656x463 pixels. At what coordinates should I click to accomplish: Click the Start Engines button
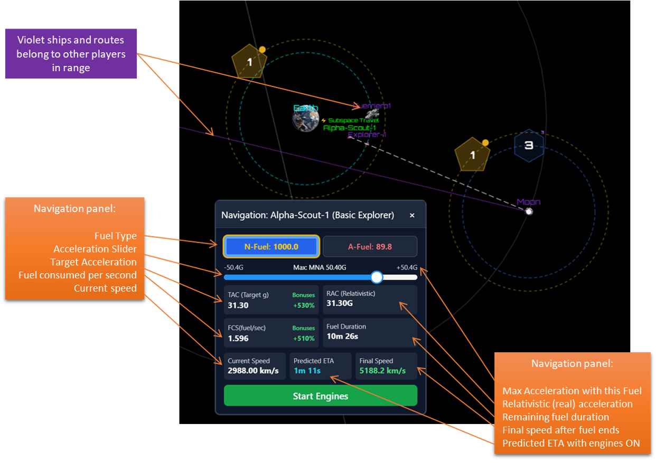coord(320,396)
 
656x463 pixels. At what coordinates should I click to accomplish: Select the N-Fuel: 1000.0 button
coord(271,246)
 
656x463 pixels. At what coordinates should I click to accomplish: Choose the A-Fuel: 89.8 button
coord(370,246)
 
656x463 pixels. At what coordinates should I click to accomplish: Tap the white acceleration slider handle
coord(377,277)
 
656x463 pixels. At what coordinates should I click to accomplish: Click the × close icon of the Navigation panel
coord(412,215)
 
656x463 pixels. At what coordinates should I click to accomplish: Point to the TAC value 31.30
coord(238,305)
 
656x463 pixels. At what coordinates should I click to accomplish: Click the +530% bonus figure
coord(304,305)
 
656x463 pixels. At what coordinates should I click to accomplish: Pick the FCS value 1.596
coord(238,338)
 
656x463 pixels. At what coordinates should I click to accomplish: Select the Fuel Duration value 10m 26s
coord(342,336)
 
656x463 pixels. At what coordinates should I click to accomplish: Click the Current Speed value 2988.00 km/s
coord(253,371)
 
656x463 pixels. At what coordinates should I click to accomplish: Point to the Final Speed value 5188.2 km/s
coord(382,371)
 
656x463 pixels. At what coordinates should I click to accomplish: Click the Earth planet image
coord(306,119)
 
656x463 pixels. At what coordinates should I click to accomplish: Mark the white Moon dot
coord(529,211)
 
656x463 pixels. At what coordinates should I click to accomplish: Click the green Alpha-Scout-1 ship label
coord(349,128)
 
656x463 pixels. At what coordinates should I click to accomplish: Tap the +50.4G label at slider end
coord(407,267)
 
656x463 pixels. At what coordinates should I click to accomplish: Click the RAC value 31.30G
coord(340,303)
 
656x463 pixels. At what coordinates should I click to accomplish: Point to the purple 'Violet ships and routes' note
coord(71,53)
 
